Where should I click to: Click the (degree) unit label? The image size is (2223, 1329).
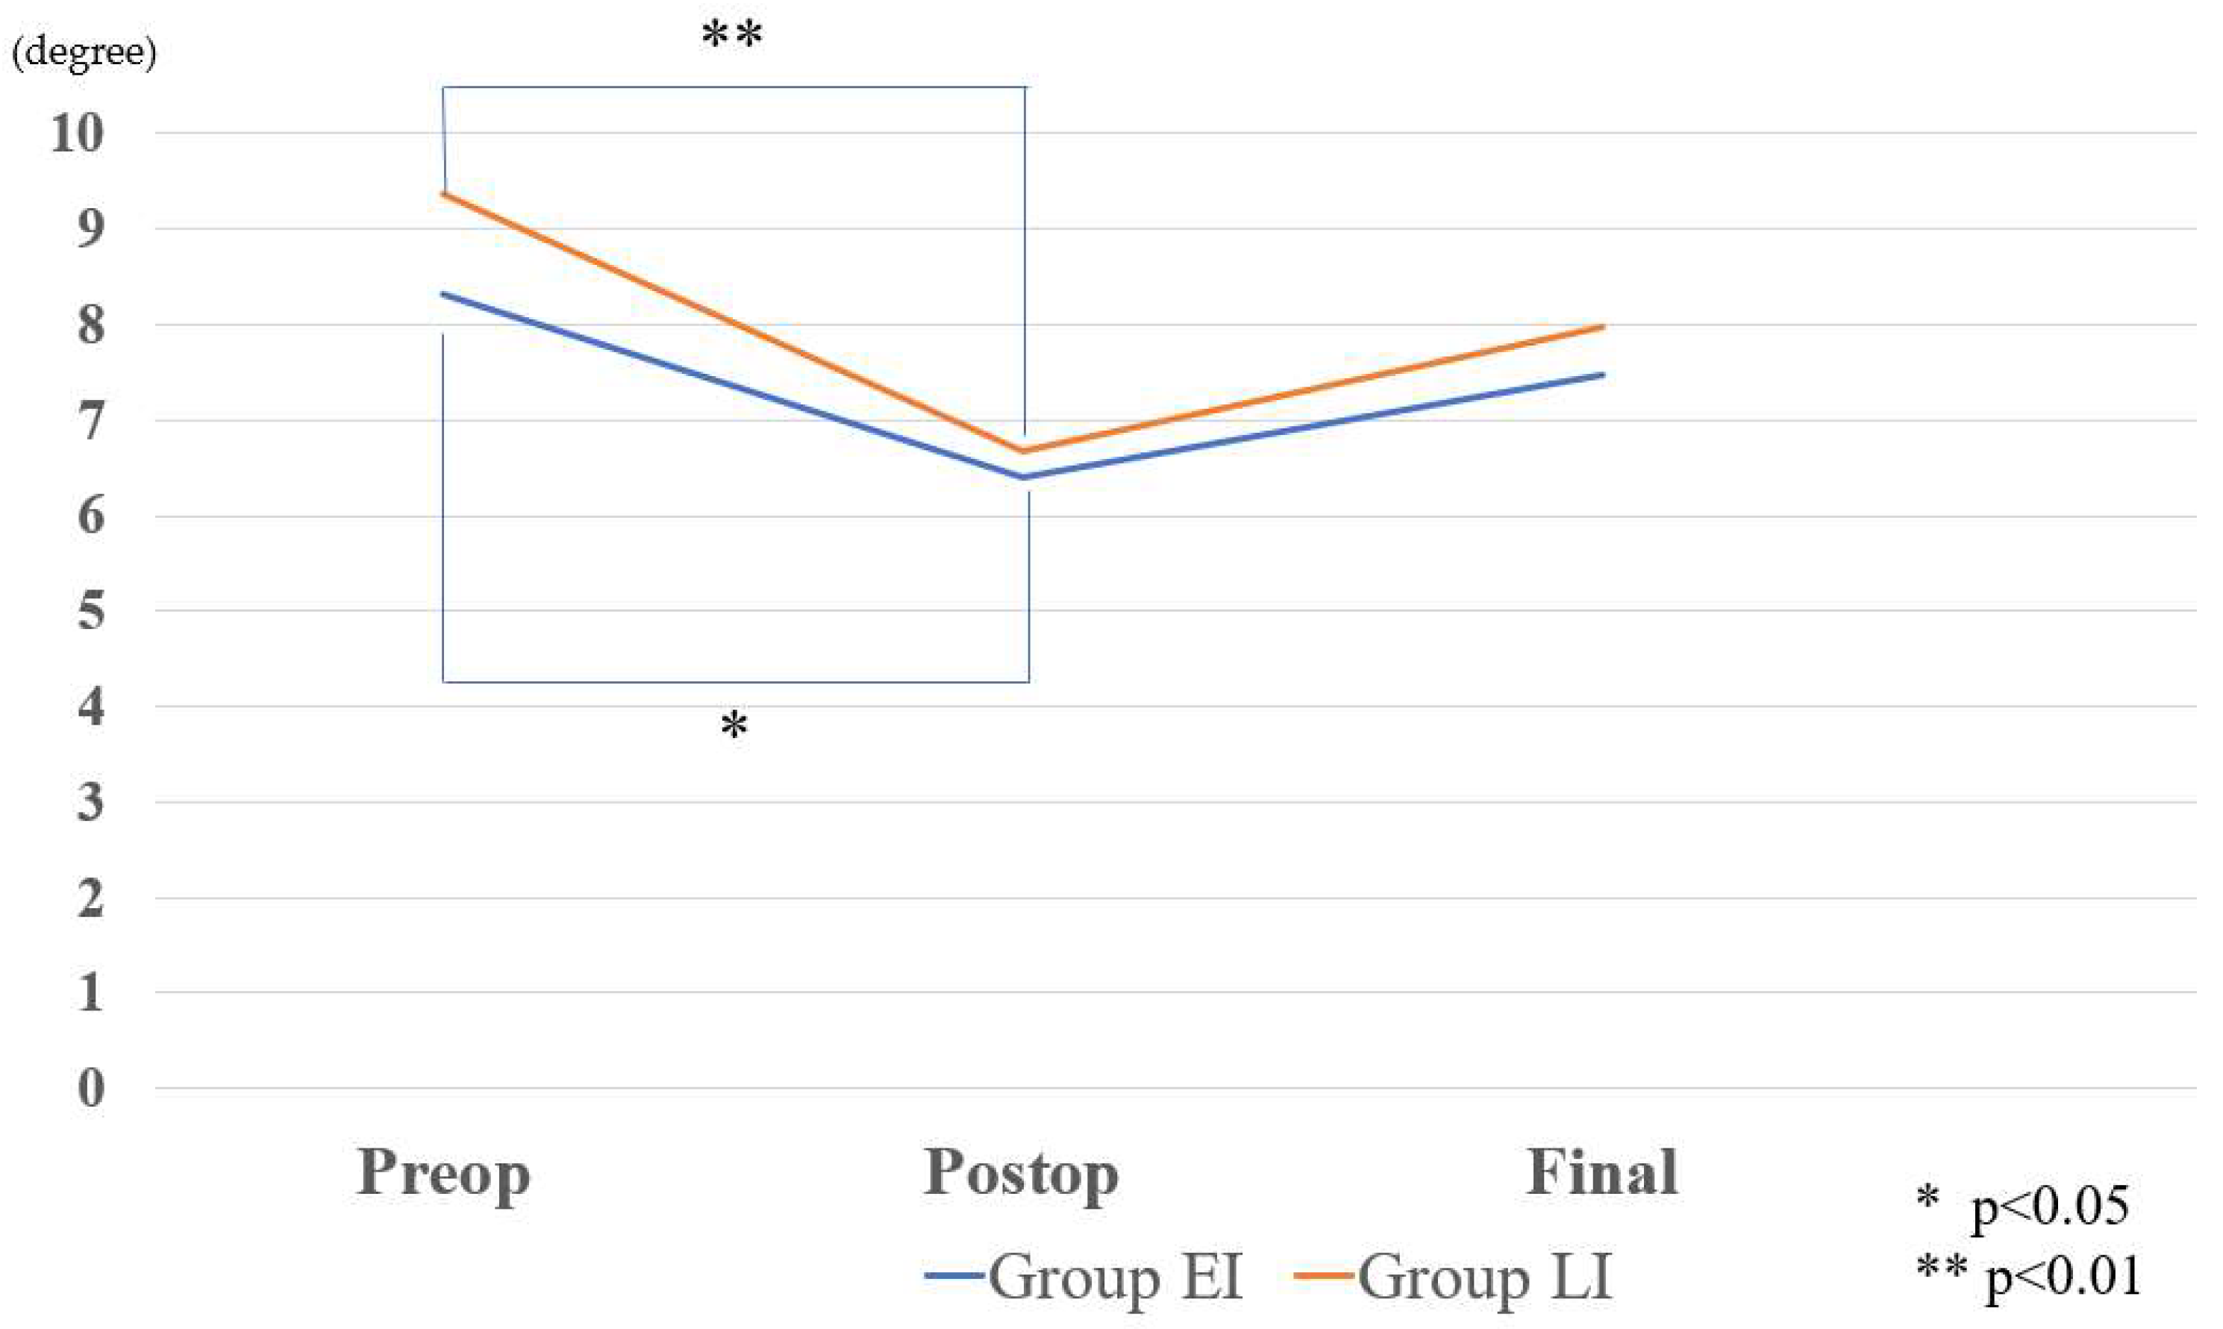click(x=84, y=52)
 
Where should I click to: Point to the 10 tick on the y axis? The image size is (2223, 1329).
click(x=77, y=134)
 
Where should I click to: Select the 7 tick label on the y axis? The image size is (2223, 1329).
click(x=90, y=421)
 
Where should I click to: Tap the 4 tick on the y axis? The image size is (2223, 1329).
click(x=90, y=707)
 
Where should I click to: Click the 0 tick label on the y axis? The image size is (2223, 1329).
click(x=90, y=1089)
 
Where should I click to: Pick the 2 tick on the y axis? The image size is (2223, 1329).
click(x=90, y=898)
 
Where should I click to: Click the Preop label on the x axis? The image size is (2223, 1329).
click(x=443, y=1173)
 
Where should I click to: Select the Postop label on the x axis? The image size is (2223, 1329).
click(x=1021, y=1173)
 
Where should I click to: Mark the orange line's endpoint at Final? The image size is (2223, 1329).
click(x=1603, y=327)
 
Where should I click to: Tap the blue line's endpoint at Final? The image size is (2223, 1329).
click(x=1603, y=375)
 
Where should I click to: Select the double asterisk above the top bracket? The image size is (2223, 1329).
click(x=731, y=36)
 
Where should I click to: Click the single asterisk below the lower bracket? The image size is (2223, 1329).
click(x=734, y=725)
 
